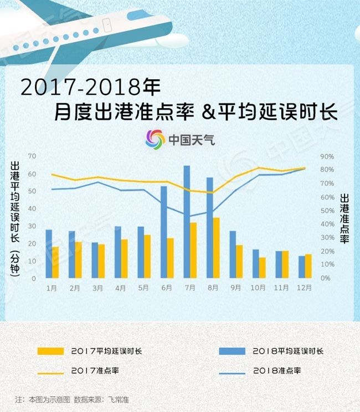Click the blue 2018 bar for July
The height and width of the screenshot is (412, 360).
coord(187,222)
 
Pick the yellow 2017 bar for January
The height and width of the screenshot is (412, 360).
coord(55,262)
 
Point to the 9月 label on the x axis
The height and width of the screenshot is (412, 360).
coord(236,288)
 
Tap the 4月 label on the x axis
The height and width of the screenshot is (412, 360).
coord(121,288)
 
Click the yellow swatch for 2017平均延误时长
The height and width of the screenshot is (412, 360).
coord(50,351)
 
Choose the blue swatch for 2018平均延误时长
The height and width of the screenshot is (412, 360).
coord(232,351)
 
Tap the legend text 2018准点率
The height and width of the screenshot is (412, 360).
coord(276,371)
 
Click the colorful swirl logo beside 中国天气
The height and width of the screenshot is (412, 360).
coord(155,139)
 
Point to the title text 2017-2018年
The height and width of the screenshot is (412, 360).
coord(91,87)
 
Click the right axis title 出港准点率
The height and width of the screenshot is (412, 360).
coord(344,220)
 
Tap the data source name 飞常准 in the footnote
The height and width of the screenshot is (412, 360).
coord(119,399)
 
